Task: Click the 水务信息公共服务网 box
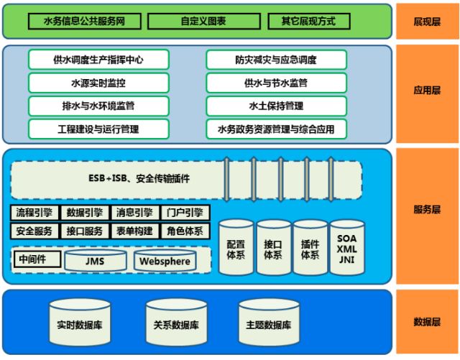click(85, 22)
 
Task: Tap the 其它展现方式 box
click(310, 22)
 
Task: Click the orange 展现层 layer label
click(428, 22)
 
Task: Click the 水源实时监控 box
click(98, 83)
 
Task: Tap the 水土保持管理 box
click(275, 106)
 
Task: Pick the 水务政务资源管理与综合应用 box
click(275, 129)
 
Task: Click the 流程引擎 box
click(34, 213)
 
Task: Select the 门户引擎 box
click(185, 213)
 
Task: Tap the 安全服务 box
click(34, 231)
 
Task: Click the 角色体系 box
click(185, 231)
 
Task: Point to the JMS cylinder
click(93, 261)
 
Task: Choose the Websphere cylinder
click(165, 261)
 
